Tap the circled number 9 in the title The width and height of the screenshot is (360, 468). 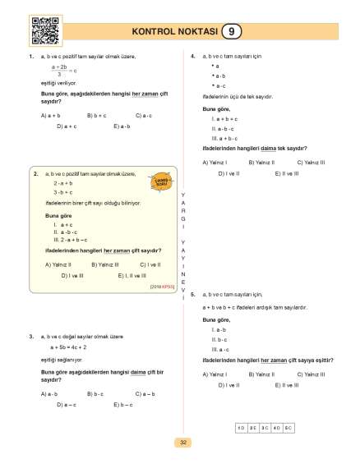233,32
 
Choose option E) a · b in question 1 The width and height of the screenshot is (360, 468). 122,126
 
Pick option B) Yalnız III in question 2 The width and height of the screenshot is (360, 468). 104,264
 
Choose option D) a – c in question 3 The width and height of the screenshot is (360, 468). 67,404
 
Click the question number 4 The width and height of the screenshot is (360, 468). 192,56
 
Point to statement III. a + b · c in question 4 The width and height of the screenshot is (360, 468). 223,138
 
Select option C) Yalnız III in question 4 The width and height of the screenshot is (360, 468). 312,163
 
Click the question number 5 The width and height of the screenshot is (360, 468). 192,293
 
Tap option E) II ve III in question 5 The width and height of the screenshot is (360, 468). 287,384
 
